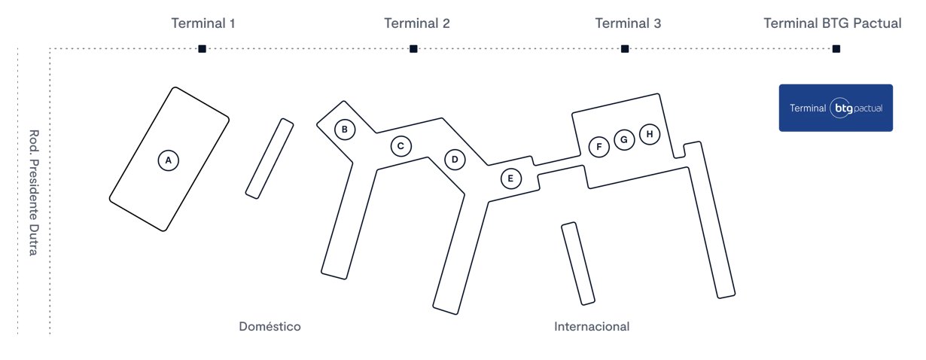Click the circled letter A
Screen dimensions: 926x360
(x=168, y=160)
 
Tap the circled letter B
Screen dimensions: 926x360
(x=345, y=130)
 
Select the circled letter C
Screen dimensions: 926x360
(x=401, y=146)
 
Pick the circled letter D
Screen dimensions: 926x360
(x=455, y=160)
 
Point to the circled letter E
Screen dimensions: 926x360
(x=511, y=178)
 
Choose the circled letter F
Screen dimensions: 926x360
(x=599, y=147)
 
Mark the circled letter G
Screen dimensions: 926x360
(x=624, y=139)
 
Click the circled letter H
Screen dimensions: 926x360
(x=650, y=134)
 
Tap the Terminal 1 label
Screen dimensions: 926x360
(x=203, y=23)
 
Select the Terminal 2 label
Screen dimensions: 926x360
(x=417, y=23)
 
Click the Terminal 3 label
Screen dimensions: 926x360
(x=628, y=23)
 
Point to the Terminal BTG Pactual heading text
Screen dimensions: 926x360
(x=833, y=23)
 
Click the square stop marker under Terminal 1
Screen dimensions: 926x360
(x=203, y=49)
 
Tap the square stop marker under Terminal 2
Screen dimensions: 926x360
(x=413, y=49)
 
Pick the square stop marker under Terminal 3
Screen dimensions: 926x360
(x=625, y=49)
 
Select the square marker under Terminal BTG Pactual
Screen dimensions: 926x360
(x=836, y=49)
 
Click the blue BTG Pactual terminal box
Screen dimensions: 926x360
(x=836, y=108)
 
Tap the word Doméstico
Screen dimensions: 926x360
(x=270, y=327)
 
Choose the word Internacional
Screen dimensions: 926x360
(x=592, y=327)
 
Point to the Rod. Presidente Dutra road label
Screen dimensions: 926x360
(x=34, y=193)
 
